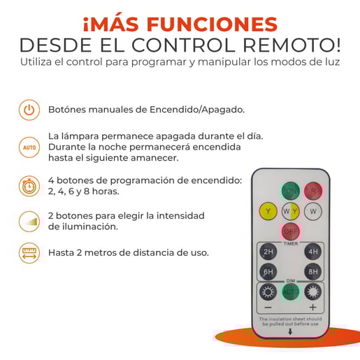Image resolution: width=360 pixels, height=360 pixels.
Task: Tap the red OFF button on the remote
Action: pos(291,231)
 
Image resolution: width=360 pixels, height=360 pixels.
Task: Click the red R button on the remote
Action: pos(313,191)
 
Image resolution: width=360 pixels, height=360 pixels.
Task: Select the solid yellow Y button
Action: pos(268,211)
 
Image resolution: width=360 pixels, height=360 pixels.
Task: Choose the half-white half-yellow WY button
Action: pos(291,211)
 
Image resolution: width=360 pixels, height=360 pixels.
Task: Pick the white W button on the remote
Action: pos(313,211)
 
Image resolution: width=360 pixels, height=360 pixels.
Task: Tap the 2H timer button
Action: pos(268,252)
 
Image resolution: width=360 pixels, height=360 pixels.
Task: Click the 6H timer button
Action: pos(268,272)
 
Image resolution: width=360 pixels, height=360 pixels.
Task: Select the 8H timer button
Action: pos(313,272)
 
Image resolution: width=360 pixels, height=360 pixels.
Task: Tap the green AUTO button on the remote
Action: pos(291,291)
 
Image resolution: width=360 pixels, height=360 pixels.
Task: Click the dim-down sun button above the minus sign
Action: pos(268,291)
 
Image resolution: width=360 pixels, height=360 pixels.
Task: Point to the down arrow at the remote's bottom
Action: pos(290,331)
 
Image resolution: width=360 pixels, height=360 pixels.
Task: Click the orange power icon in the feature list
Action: pos(29,110)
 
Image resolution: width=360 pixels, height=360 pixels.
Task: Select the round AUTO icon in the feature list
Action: pos(29,147)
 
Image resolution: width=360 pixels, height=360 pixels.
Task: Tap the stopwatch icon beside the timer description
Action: pos(29,186)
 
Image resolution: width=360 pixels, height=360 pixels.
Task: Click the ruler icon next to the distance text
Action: pos(29,253)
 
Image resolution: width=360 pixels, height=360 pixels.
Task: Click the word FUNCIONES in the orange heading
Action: pos(212,24)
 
